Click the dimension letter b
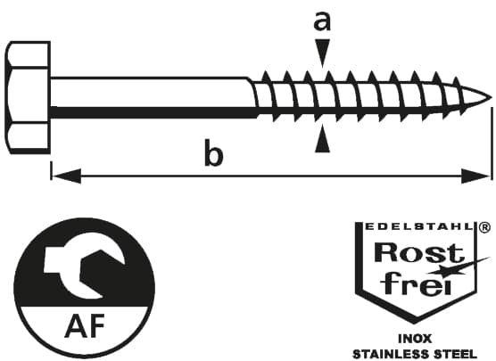coord(214,152)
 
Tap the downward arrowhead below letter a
coord(322,53)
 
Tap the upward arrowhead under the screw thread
coord(322,138)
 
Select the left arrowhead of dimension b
coord(66,176)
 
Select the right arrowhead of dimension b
coord(475,176)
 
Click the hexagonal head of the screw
coord(28,98)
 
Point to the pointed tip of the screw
coord(492,98)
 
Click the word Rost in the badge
coord(419,252)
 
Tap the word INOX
coord(415,339)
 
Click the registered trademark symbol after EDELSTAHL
coord(485,227)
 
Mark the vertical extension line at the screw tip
coord(492,144)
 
